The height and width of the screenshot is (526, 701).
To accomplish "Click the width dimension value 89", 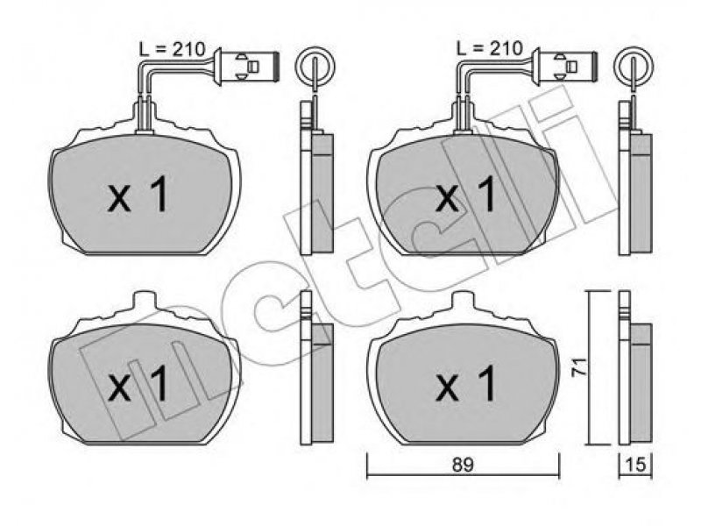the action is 463,465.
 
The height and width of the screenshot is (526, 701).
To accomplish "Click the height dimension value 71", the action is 580,366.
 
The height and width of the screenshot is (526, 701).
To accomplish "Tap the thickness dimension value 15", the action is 636,466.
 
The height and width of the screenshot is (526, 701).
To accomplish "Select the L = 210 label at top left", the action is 172,48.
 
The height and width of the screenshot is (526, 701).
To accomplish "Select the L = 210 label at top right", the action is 490,48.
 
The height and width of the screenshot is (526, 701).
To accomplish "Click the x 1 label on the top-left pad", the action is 138,195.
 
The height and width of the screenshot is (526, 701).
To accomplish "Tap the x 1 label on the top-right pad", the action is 465,195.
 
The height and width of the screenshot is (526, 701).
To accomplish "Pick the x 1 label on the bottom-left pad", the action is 138,384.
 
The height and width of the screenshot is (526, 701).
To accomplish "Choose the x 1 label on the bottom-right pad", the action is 465,383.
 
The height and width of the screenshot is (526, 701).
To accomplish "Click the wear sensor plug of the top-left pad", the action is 247,67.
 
